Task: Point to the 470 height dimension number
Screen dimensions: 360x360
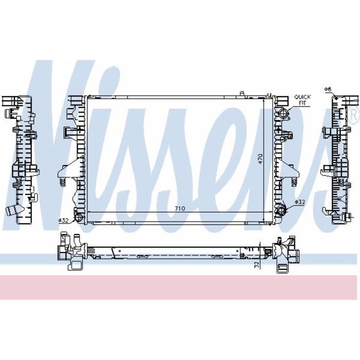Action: pos(260,159)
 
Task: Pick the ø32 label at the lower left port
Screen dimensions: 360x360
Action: pos(64,220)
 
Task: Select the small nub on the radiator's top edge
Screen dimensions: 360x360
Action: pos(241,93)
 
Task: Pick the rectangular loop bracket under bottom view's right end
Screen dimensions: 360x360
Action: pos(282,266)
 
